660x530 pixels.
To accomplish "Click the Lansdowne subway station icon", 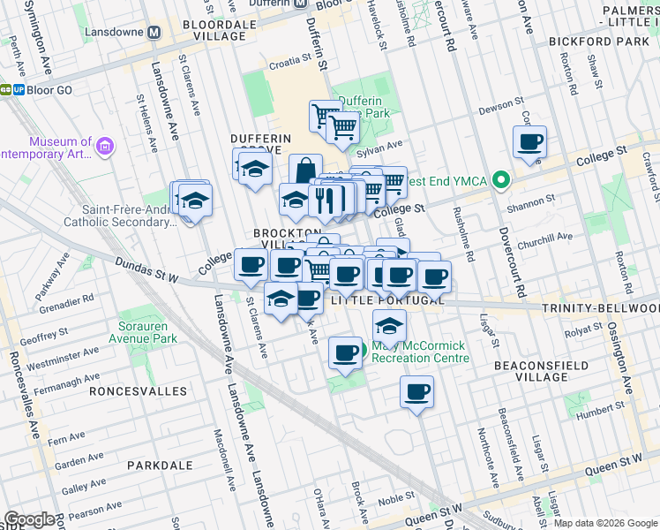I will coord(154,32).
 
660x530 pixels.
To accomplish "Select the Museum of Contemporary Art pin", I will coord(105,146).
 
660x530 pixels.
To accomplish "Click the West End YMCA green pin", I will coord(502,180).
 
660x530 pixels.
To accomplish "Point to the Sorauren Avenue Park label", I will coord(142,331).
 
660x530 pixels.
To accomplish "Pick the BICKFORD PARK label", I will coord(598,41).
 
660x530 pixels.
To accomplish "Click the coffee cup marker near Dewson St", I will coord(530,142).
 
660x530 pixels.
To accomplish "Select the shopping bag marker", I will coord(305,170).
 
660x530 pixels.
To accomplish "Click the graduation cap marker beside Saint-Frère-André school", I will coord(195,199).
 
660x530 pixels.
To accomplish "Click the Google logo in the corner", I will coord(29,519).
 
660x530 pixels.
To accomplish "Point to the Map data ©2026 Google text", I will coord(604,523).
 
